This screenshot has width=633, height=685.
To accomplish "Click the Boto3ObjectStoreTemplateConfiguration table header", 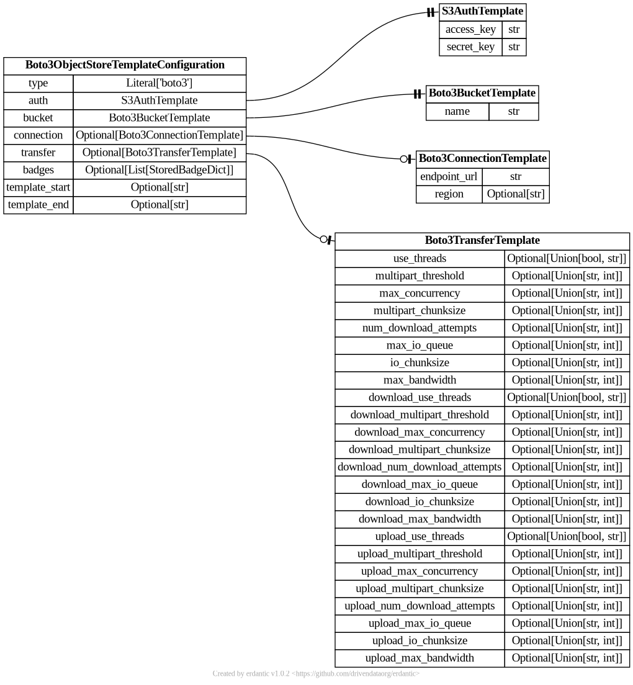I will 125,65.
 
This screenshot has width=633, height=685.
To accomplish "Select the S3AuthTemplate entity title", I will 482,11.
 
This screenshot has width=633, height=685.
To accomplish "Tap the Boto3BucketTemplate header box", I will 482,93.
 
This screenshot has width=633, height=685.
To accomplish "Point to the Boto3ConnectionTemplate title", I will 482,159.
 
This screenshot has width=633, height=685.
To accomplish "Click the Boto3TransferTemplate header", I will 482,240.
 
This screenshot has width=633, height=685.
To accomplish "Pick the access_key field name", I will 470,29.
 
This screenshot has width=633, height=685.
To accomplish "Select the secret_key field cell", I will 470,47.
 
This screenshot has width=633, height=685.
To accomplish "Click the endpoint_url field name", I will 449,176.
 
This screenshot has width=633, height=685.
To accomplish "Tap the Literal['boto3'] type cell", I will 159,83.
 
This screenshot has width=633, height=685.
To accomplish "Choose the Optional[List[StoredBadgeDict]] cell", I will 159,169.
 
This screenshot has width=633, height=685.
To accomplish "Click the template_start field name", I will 38,187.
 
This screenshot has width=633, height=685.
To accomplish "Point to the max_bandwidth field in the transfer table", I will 420,380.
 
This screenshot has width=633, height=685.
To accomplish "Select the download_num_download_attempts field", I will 420,467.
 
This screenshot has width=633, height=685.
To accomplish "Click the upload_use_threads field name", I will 420,536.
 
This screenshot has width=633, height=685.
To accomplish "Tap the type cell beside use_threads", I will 567,258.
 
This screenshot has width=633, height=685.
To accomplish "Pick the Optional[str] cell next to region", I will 515,194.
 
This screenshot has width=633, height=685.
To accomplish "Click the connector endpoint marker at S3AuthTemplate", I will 431,12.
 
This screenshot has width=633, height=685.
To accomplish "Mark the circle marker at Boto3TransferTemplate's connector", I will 323,240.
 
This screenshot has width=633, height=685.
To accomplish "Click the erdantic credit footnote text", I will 316,673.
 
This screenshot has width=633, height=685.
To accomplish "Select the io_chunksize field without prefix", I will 420,362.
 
